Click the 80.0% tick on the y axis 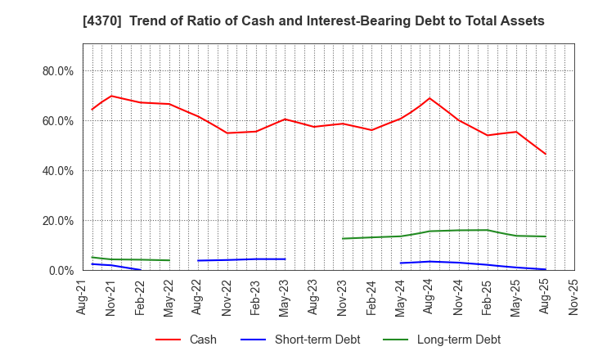[57, 71]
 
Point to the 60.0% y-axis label [57, 121]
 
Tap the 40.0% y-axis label [57, 171]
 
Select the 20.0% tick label [57, 221]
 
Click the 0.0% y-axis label [61, 271]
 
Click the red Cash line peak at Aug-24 [429, 98]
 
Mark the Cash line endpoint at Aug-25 [546, 154]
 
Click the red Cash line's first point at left [92, 110]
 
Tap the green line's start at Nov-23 [343, 239]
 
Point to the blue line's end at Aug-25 [546, 269]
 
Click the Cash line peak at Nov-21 [111, 96]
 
